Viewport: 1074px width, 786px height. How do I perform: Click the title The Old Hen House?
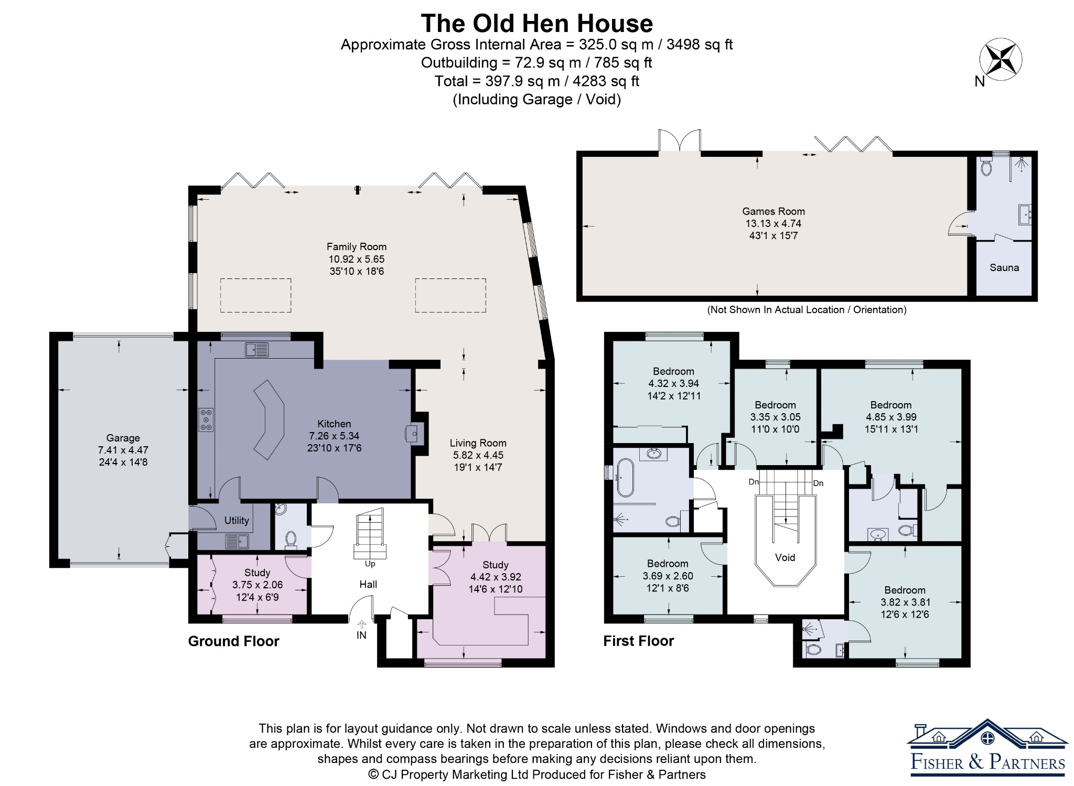(x=536, y=24)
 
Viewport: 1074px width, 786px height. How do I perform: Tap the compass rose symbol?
(x=1001, y=59)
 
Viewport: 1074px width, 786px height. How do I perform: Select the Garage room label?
(x=123, y=438)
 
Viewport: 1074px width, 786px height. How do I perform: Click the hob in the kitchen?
(x=206, y=419)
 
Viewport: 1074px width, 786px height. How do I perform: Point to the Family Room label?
(x=357, y=246)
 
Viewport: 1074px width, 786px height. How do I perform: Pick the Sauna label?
(x=1004, y=267)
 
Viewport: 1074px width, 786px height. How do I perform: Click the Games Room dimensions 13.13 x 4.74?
(x=774, y=223)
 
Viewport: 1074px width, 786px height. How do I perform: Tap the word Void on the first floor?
(x=785, y=557)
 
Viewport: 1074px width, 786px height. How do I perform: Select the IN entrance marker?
(x=361, y=635)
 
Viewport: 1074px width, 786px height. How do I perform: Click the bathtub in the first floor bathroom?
(x=625, y=477)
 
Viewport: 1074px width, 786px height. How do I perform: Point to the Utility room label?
(x=237, y=520)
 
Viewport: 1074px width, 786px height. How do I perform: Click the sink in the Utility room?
(x=237, y=541)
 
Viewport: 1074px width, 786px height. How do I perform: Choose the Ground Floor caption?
(x=234, y=641)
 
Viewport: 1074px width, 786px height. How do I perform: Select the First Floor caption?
(x=639, y=641)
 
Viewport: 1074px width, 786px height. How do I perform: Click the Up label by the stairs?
(x=370, y=564)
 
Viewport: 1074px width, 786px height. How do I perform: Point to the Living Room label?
(x=478, y=443)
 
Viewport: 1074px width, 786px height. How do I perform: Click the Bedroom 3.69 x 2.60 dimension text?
(x=668, y=576)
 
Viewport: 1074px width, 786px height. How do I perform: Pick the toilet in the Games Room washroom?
(x=986, y=167)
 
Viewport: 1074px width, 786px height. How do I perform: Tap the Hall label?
(x=368, y=584)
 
